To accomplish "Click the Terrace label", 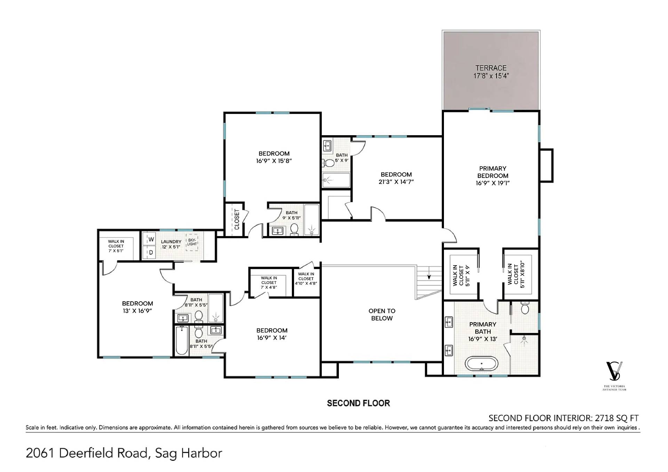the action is [491, 72].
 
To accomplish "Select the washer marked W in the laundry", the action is [151, 239].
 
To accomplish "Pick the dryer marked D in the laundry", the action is [151, 253].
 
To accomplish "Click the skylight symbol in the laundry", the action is [192, 242].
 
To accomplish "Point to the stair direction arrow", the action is [429, 272].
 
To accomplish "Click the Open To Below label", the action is [382, 315].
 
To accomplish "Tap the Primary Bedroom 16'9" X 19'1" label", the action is [493, 176].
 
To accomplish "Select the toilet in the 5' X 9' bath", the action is [329, 163].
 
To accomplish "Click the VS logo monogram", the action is [614, 371].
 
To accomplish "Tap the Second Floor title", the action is [358, 403].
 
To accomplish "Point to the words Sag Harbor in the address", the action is [188, 453].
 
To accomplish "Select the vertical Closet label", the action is [237, 219].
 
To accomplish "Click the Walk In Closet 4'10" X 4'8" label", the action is [306, 279].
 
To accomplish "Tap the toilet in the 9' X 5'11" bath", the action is [294, 229].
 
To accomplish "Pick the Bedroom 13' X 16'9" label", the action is [137, 307].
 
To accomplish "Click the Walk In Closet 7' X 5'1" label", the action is [116, 246].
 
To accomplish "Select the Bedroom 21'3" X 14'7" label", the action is [396, 178].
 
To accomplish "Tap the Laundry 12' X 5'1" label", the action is [171, 244].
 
